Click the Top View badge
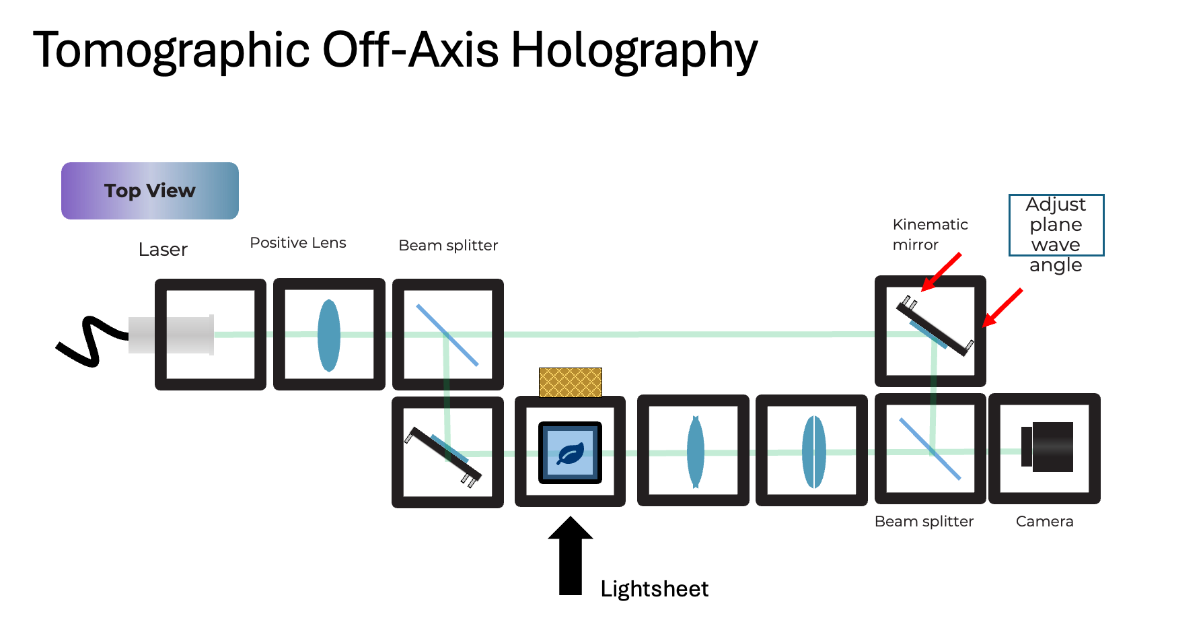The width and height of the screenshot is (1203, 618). [x=149, y=191]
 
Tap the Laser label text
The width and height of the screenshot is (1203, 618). [x=163, y=250]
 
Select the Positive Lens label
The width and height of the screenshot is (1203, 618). [x=298, y=243]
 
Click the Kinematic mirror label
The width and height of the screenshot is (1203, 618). [x=929, y=234]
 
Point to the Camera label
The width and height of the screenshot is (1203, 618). [x=1044, y=522]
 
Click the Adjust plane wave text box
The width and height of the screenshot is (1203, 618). [x=1056, y=225]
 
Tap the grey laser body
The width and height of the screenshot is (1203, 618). [x=172, y=335]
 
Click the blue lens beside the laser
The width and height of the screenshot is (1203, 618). [x=329, y=335]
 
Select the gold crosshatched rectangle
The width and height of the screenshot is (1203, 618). [x=570, y=382]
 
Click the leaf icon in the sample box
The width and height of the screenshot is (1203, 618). [x=570, y=454]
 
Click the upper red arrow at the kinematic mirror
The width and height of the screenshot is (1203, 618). [x=941, y=272]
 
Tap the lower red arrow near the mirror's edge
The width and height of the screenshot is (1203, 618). [x=1002, y=308]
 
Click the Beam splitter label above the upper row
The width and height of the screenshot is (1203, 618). [x=448, y=246]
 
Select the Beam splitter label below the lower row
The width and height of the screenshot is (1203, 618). [x=924, y=522]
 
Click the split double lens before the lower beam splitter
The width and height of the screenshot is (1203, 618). [x=813, y=452]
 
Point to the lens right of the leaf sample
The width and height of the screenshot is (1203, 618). [x=696, y=452]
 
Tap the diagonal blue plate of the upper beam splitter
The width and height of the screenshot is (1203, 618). [x=447, y=335]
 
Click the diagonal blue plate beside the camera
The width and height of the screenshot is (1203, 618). [x=930, y=448]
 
